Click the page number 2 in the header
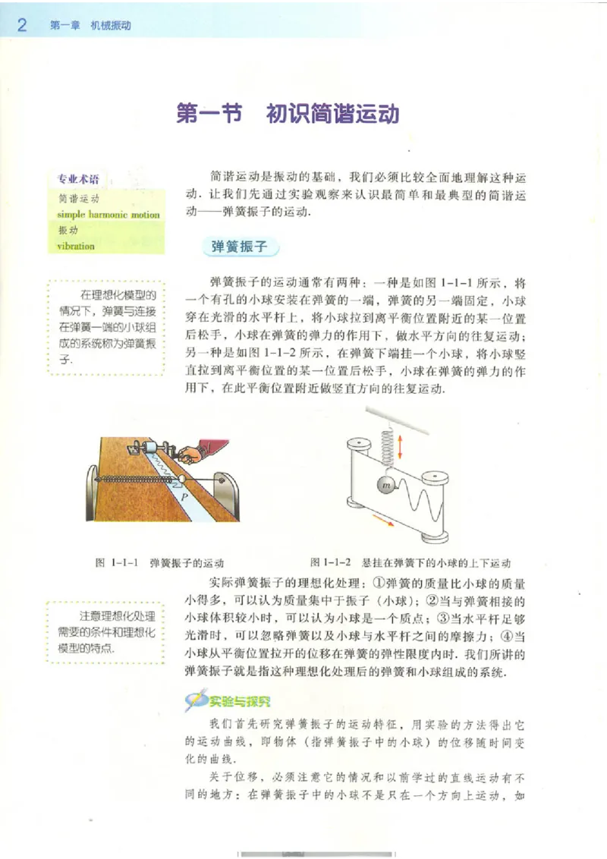tap(22, 25)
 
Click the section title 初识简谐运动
tap(332, 115)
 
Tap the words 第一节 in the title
tap(208, 115)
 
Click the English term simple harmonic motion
tap(108, 215)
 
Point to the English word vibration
tap(76, 246)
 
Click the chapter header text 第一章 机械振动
tap(90, 25)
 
